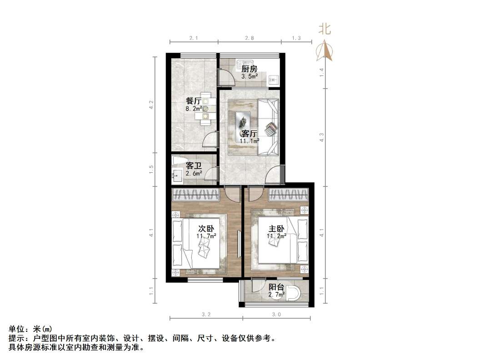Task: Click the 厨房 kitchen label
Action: [x=249, y=69]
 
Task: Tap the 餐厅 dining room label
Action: [x=193, y=101]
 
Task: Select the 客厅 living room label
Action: [x=249, y=134]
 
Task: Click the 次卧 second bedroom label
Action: [x=206, y=228]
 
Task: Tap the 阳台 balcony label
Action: [x=276, y=287]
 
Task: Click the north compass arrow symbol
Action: [x=325, y=51]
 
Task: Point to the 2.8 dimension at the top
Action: [x=249, y=38]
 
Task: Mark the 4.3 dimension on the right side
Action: [x=321, y=137]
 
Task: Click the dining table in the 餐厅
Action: [x=205, y=109]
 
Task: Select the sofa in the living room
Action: [x=268, y=127]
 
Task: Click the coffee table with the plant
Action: [x=243, y=121]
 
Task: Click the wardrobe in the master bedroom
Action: [x=290, y=195]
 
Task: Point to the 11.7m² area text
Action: [x=206, y=236]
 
